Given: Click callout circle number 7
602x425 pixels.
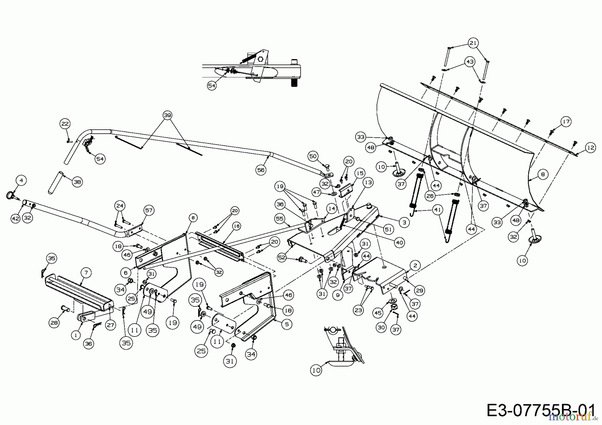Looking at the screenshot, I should (86, 273).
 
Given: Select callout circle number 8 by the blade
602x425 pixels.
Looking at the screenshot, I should (542, 174).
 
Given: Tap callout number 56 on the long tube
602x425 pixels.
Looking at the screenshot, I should (261, 170).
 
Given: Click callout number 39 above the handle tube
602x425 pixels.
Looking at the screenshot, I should (167, 115).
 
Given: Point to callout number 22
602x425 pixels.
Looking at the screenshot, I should (65, 124).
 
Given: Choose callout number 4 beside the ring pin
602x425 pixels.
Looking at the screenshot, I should (21, 180).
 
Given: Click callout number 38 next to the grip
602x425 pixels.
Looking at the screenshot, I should (77, 182).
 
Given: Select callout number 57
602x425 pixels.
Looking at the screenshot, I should (148, 210).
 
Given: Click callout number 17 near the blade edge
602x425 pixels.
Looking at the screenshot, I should (566, 121).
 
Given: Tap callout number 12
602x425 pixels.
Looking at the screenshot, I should (591, 147).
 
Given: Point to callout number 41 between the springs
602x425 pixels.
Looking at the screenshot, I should (437, 210).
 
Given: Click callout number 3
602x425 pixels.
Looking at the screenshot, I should (404, 222).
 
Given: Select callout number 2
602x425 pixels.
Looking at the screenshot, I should (415, 265).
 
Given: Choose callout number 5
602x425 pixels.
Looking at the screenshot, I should (287, 324).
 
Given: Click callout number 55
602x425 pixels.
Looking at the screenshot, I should (280, 219).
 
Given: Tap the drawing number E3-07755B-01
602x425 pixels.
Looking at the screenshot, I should (540, 410).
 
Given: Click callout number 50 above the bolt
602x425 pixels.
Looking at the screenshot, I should (313, 156).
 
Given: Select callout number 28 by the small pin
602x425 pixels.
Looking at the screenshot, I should (54, 322).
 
